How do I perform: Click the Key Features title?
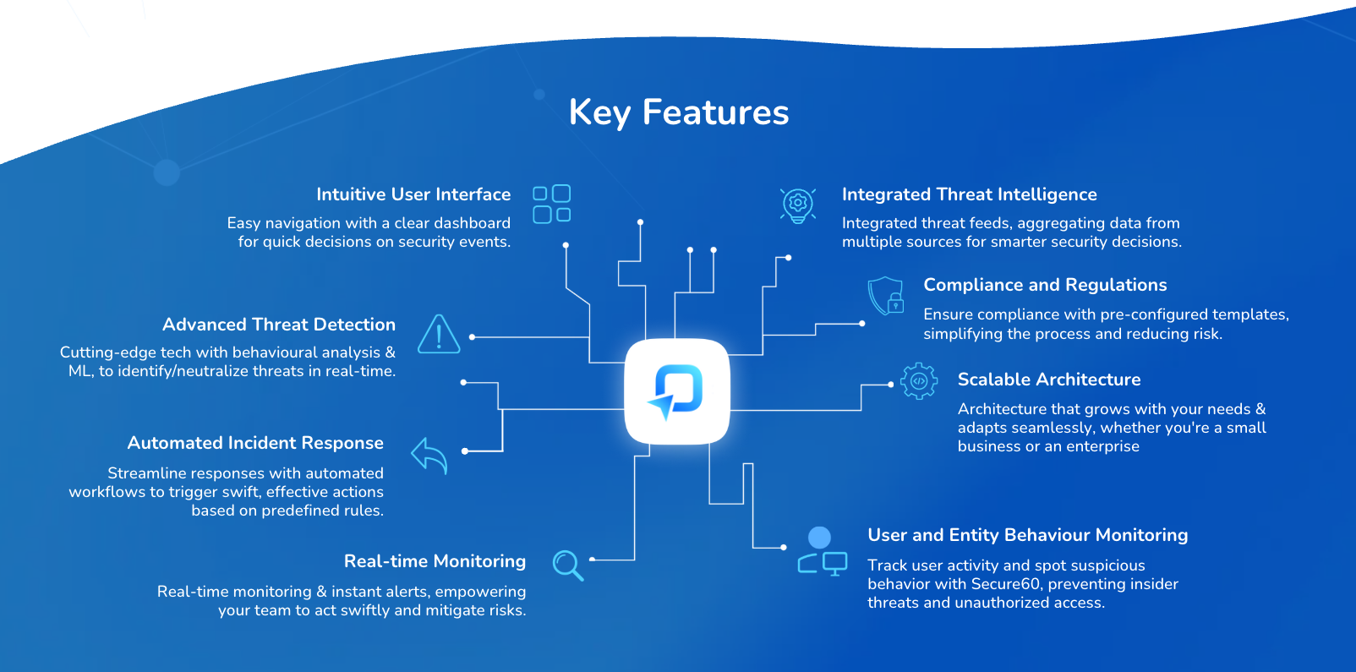coord(678,112)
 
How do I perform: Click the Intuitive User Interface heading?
coord(413,194)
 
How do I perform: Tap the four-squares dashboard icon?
coord(551,205)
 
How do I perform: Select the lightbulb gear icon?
coord(797,205)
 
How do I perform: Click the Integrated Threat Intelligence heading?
coord(969,194)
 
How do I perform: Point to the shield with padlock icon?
coord(886,296)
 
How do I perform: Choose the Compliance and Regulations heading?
coord(1045,285)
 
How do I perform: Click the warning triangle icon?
coord(439,335)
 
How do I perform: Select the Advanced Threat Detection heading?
coord(279,325)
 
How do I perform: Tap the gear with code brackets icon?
coord(918,381)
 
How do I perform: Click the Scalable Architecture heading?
coord(1048,380)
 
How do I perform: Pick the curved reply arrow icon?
coord(429,456)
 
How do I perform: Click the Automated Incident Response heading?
coord(255,443)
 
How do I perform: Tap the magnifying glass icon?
coord(567,565)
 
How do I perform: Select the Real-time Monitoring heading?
coord(435,561)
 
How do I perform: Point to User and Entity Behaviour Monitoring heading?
coord(1027,535)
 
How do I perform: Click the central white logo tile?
coord(676,391)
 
